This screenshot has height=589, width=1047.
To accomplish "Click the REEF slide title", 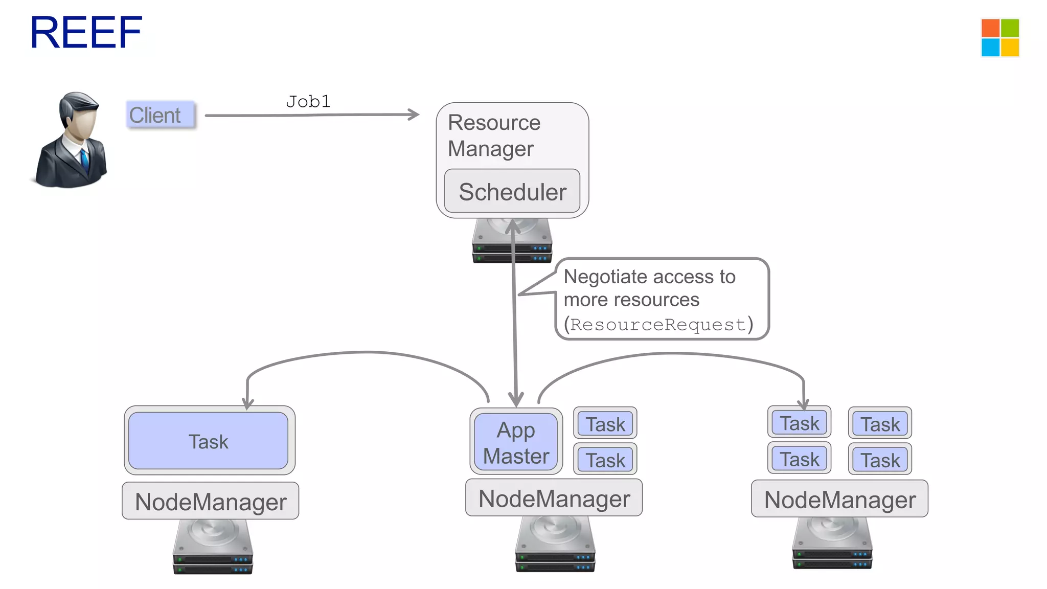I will point(86,33).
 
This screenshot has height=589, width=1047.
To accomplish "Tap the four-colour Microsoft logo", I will point(1000,38).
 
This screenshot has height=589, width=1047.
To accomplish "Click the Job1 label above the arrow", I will point(308,101).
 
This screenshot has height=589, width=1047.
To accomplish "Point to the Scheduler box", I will point(512,192).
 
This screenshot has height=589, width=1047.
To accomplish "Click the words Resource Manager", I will point(493,135).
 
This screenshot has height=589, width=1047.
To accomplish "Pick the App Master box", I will point(516,442).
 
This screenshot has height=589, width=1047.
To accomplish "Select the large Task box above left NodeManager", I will point(209,441).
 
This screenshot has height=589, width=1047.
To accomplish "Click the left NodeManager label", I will point(211,502).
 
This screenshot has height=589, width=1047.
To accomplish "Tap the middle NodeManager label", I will point(554,499).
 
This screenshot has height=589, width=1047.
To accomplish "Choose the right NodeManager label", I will point(839,500).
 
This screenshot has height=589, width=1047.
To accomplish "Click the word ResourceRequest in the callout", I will point(658,325).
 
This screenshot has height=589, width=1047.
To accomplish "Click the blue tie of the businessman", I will point(84,161).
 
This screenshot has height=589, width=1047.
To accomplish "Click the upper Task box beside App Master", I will point(605,424).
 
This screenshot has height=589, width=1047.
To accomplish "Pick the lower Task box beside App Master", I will point(605,460).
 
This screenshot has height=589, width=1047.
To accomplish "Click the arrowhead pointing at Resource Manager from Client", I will point(414,114).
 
